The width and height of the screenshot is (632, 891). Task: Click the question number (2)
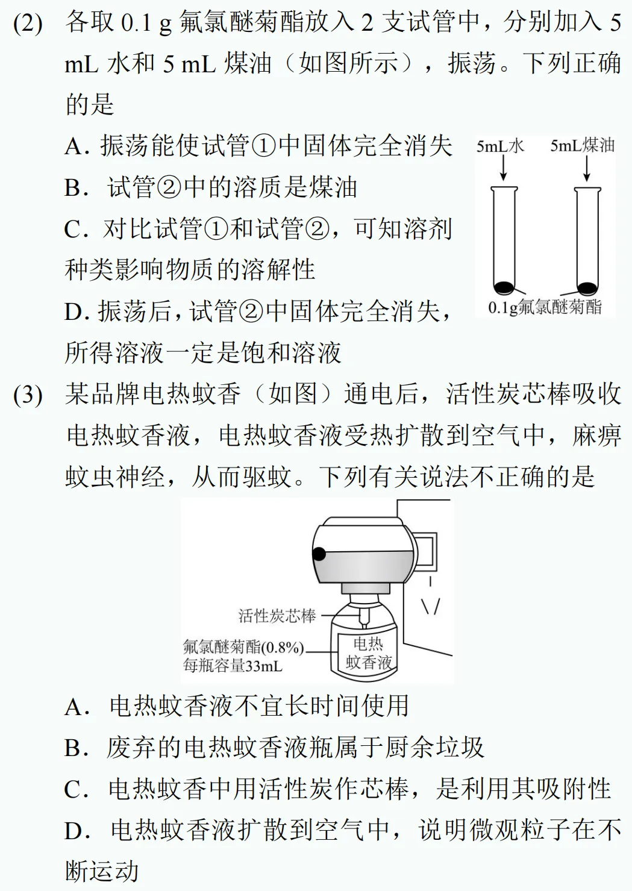point(28,23)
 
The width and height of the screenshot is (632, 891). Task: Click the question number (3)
point(28,395)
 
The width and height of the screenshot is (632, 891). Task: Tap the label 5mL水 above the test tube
point(500,146)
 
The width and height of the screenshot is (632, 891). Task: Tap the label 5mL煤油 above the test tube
point(582,146)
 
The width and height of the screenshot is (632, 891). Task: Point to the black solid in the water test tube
point(504,287)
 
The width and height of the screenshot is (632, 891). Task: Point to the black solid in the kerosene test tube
point(587,287)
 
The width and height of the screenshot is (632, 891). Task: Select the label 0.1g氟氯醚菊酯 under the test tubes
point(545,307)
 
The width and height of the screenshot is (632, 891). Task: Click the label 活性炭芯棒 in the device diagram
point(277,616)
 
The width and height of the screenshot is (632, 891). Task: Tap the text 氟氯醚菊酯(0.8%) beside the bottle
point(243,648)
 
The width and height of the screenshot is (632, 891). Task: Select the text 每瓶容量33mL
point(233,666)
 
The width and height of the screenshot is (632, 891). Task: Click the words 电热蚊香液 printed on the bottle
point(368,654)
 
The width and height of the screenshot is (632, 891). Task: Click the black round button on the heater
point(319,554)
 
